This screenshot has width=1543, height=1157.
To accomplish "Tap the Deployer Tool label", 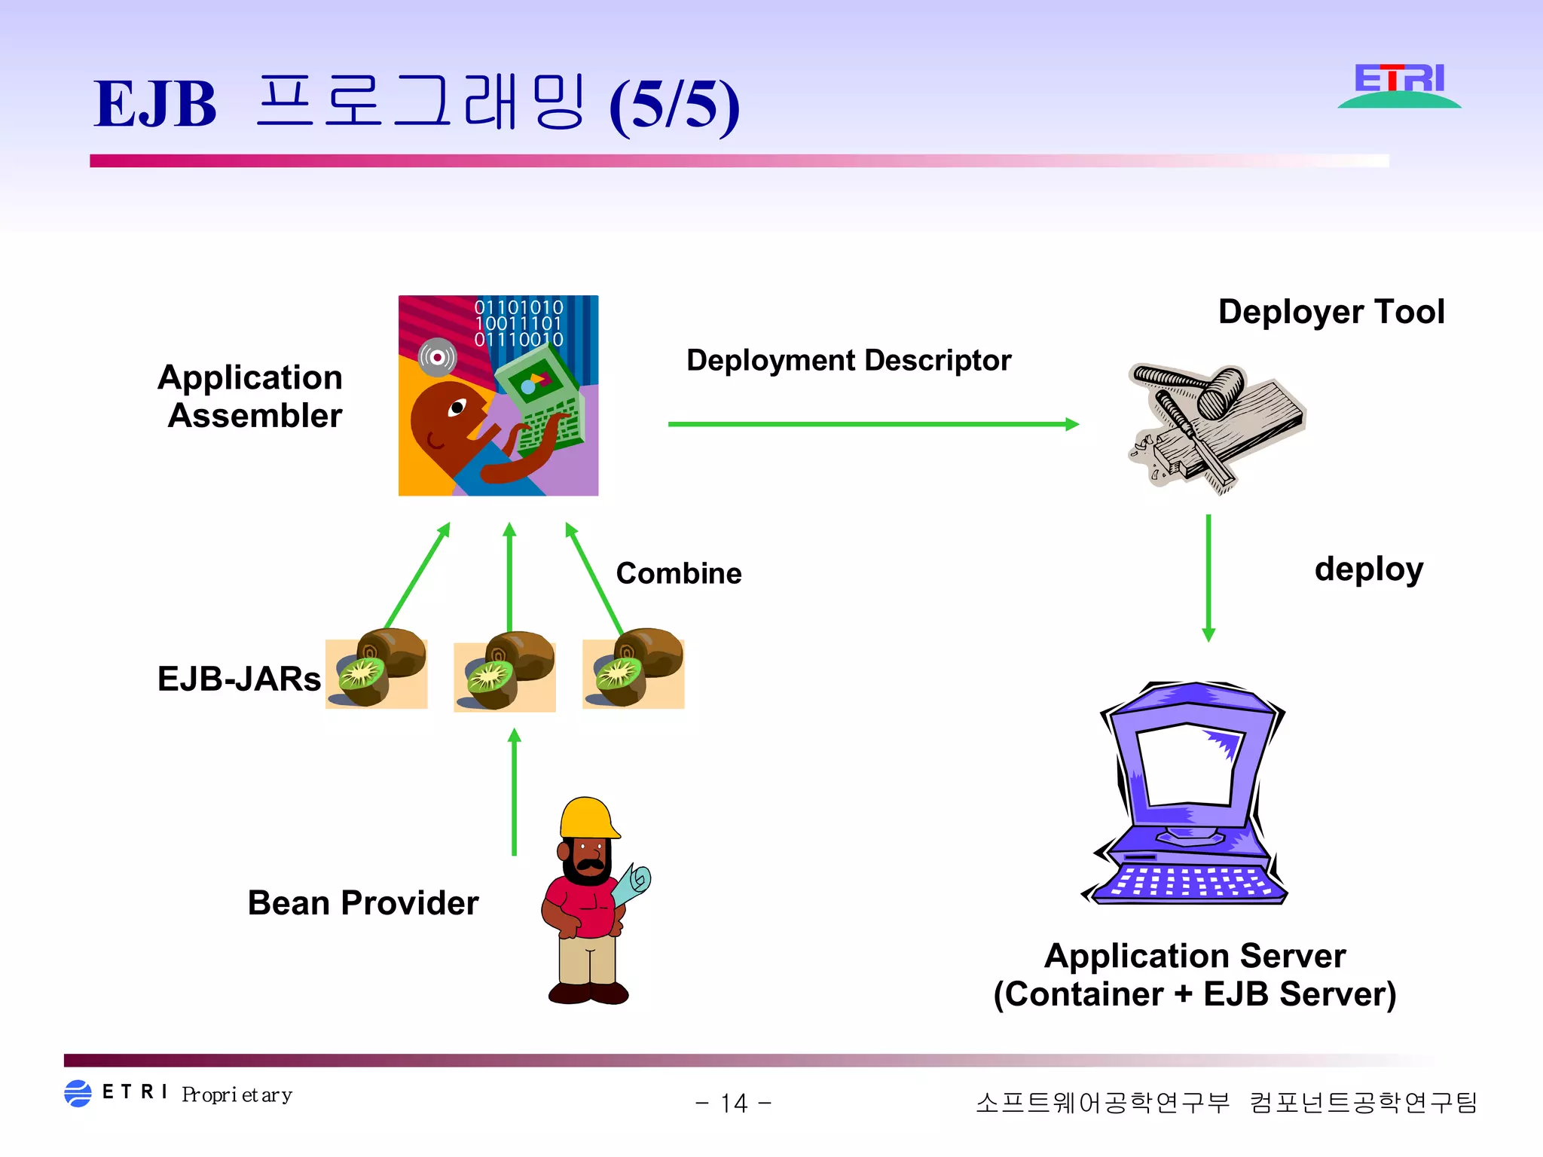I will [1331, 312].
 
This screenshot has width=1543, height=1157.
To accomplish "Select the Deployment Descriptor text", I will [848, 361].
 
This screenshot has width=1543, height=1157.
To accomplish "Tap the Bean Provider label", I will [363, 902].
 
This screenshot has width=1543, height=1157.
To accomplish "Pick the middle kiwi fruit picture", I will [505, 672].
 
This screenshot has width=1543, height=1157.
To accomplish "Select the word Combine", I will [678, 574].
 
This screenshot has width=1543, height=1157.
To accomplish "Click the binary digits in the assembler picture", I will [518, 323].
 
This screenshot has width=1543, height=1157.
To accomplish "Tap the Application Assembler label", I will [252, 396].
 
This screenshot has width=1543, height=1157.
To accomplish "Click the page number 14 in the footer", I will [733, 1104].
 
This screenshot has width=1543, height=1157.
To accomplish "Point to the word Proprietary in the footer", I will [237, 1094].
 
